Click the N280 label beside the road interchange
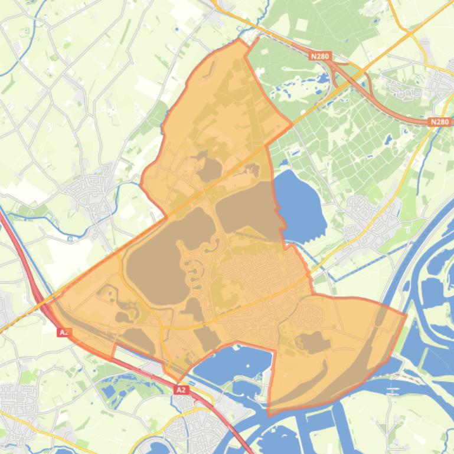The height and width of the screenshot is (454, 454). tap(319, 56)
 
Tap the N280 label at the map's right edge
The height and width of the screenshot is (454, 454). tap(439, 122)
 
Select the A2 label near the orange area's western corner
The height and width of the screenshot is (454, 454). tap(64, 333)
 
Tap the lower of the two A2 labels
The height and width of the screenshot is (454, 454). tap(181, 390)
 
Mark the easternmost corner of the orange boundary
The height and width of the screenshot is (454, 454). tap(406, 315)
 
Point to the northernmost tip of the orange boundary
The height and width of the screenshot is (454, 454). tap(240, 40)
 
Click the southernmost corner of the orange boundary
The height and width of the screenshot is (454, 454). tap(269, 413)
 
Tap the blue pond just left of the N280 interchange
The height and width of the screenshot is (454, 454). tap(323, 78)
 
